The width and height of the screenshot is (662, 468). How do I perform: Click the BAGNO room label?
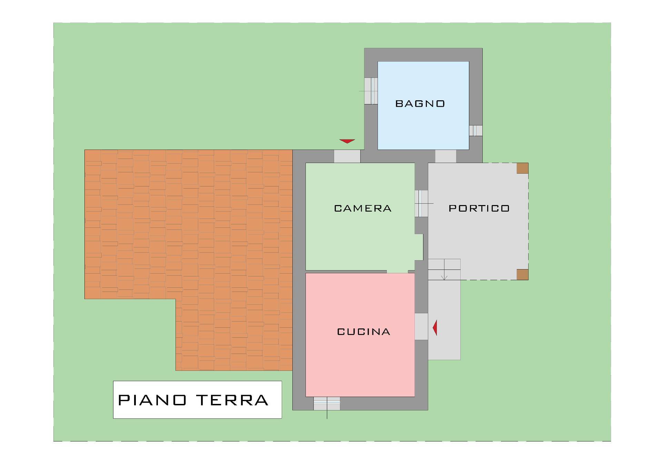[420, 104]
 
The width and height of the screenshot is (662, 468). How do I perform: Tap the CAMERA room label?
[363, 208]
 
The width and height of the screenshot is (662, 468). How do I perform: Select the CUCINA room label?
[363, 332]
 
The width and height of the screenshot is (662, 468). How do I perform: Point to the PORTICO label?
[479, 208]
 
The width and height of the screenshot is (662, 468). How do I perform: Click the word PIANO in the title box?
[152, 400]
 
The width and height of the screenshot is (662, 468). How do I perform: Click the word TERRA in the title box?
[232, 400]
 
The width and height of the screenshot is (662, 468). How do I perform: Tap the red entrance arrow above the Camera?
[347, 141]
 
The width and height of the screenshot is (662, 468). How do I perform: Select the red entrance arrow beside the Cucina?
[435, 328]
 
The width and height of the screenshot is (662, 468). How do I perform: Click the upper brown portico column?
[522, 168]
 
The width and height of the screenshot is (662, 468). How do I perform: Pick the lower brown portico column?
[522, 274]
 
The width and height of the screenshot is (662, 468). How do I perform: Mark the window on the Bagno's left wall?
[371, 91]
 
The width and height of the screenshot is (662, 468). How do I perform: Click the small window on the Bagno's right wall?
[475, 131]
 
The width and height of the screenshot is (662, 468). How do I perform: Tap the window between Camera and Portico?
[421, 204]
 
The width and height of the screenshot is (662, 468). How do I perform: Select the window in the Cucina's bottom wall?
[327, 404]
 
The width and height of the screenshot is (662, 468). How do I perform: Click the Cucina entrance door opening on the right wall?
[421, 326]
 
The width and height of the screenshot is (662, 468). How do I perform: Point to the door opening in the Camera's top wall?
[347, 156]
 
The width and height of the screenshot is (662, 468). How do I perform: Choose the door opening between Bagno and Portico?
[446, 156]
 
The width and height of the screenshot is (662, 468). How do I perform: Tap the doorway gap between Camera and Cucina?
[397, 272]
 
